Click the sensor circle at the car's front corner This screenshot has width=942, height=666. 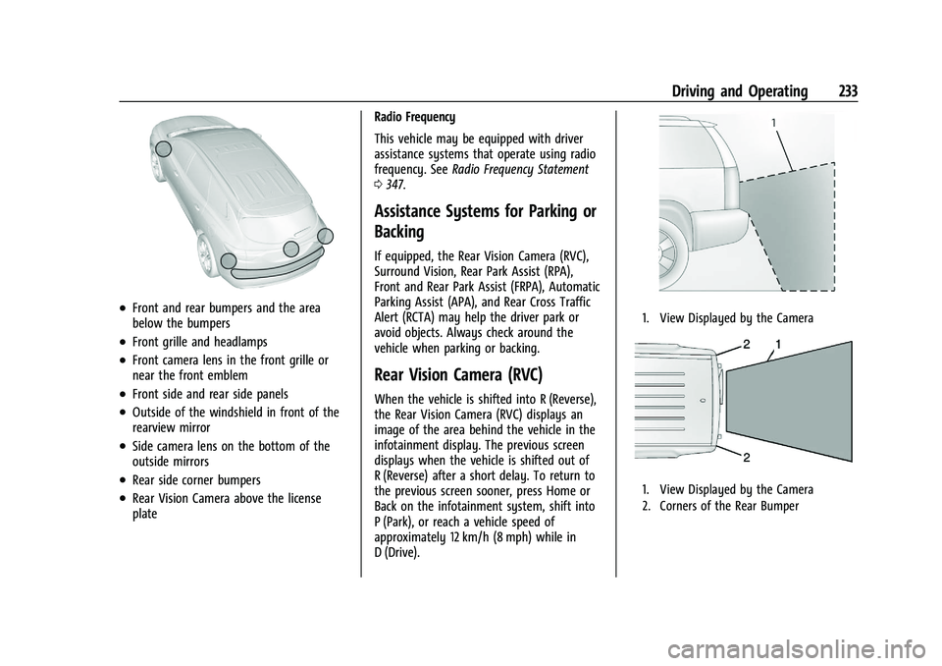click(x=164, y=149)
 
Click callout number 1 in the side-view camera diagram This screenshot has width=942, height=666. click(x=774, y=122)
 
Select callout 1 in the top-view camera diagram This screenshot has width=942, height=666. click(x=779, y=345)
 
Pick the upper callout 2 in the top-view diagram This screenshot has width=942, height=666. click(x=747, y=345)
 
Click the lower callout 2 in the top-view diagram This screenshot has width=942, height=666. click(x=747, y=458)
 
